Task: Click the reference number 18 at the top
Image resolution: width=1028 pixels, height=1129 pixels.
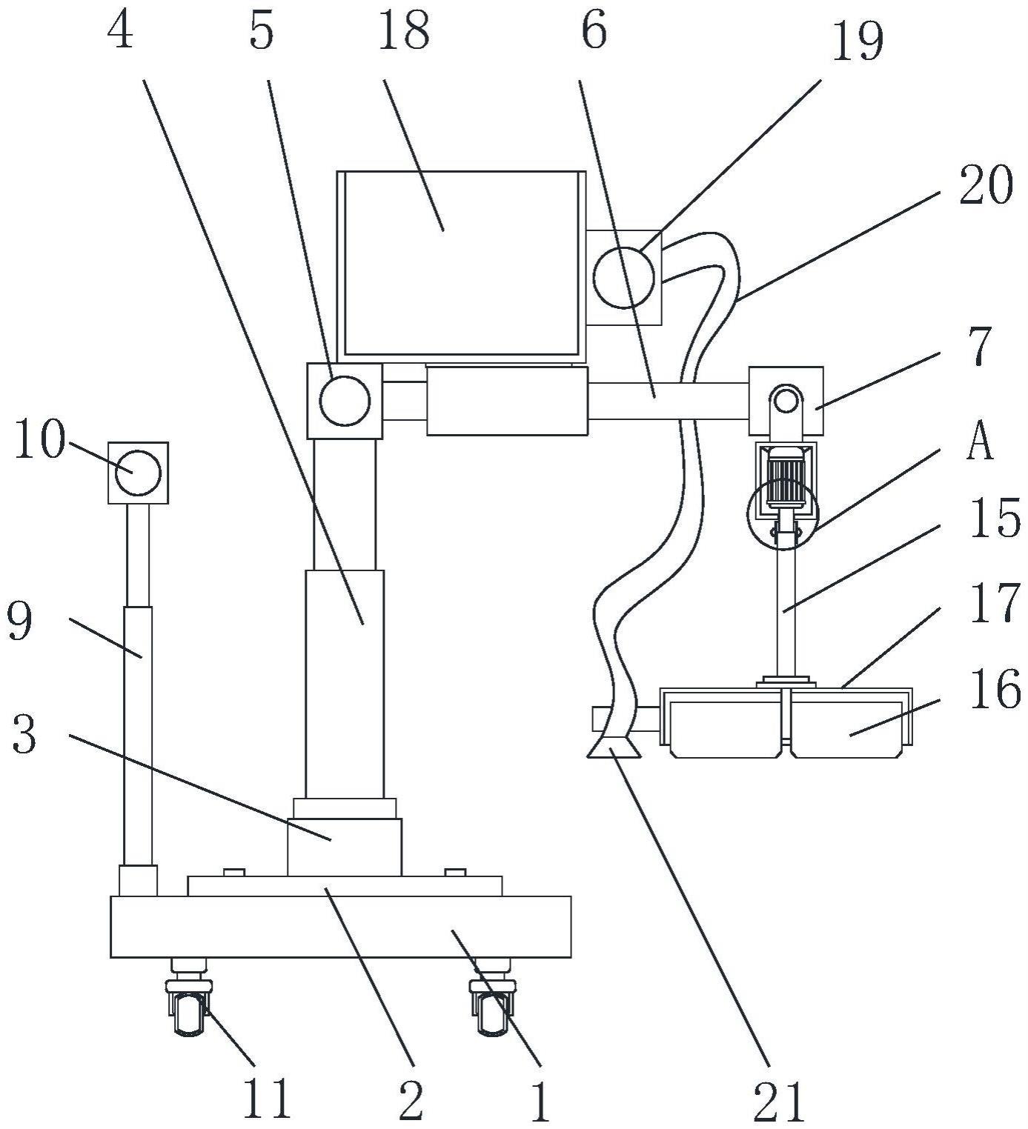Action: pos(404,32)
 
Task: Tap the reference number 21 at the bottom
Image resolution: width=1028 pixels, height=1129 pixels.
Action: pos(783,1103)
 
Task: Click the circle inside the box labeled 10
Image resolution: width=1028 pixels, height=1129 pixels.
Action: pos(138,472)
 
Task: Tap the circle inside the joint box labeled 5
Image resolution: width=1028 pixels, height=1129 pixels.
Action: pos(345,401)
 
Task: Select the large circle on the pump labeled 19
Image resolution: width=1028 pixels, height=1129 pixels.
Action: pos(624,278)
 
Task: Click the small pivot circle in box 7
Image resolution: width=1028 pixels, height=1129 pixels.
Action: pos(785,402)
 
